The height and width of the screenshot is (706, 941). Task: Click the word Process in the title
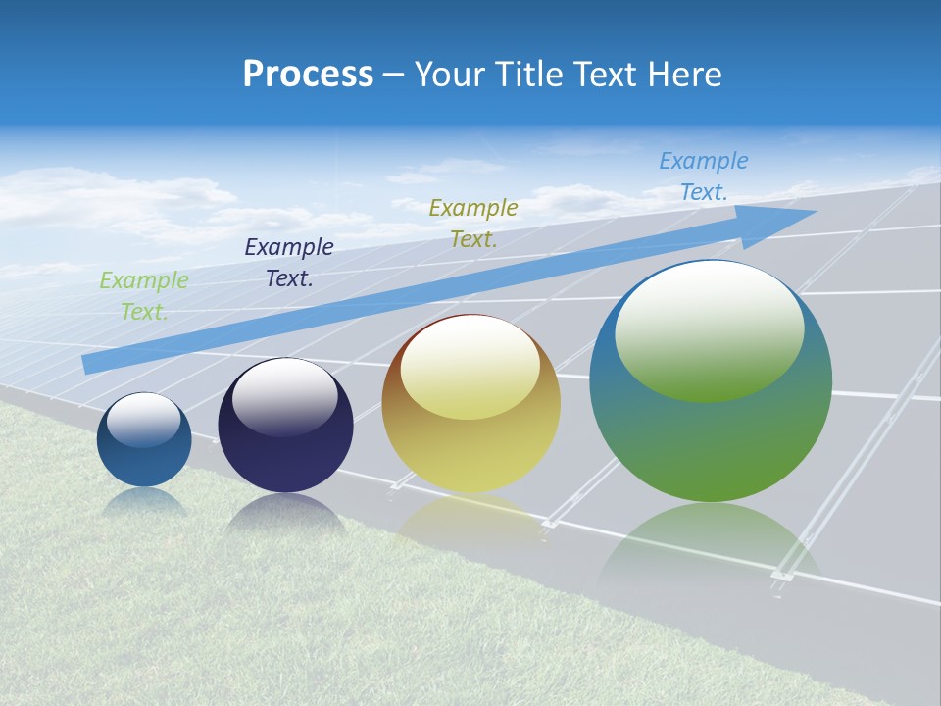tap(308, 75)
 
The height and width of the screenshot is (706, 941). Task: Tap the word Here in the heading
tap(683, 75)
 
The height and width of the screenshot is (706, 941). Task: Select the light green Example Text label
tap(144, 296)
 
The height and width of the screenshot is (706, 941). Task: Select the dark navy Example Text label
tap(289, 263)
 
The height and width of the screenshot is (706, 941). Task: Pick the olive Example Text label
tap(473, 224)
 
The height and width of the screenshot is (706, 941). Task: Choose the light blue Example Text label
tap(704, 176)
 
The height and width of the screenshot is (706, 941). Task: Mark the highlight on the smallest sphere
tap(144, 419)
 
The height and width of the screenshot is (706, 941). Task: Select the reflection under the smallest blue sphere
tap(144, 503)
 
